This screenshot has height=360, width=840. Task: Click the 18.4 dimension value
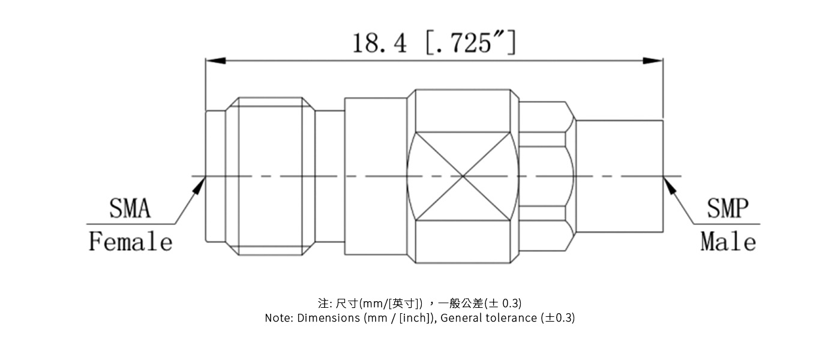tap(379, 43)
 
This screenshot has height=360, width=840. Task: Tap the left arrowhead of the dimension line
tap(215, 61)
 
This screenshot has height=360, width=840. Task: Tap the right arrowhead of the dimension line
tap(653, 61)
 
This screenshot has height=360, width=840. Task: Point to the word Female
tap(130, 242)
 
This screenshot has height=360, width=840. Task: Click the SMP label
tap(728, 209)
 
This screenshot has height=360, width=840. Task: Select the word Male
tap(728, 242)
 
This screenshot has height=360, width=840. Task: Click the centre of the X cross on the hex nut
tap(463, 176)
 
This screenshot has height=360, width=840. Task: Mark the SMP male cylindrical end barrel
tap(619, 176)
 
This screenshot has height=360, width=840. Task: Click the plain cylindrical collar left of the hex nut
tap(376, 176)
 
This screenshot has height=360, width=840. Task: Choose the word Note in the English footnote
tap(278, 318)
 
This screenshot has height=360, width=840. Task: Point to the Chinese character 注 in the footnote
tap(323, 303)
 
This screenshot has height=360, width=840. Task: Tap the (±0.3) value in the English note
tap(557, 318)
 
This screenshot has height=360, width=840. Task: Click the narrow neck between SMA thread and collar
tap(329, 176)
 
